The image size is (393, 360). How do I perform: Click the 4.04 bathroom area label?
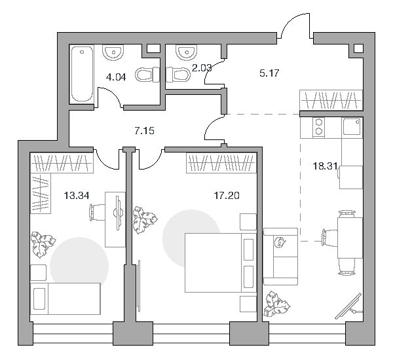pos(116,77)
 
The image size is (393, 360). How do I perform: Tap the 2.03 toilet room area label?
pos(202,68)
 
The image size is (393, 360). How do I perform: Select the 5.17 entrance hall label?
pos(269,73)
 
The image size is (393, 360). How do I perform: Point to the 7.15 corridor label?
pos(144,131)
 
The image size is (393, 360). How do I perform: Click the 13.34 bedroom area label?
pos(77,195)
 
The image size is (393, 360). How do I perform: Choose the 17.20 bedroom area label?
pos(227,196)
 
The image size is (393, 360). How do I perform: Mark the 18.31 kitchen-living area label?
pos(325,166)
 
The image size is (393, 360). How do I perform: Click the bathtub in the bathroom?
pos(82,75)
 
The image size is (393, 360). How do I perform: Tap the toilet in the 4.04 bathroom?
pos(147,75)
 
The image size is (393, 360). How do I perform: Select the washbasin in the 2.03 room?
pos(187,52)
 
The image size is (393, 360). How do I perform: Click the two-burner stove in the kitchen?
pos(319,127)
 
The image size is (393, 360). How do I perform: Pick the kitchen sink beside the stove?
pos(352,127)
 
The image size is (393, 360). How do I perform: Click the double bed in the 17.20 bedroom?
pos(221,262)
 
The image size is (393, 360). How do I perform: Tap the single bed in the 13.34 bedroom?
pos(65,298)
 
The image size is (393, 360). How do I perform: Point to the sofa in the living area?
pos(280,257)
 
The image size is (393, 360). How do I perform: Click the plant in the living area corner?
pos(276,304)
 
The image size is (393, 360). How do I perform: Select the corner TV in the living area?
pos(349,307)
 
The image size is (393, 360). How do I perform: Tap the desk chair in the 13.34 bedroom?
pos(96,212)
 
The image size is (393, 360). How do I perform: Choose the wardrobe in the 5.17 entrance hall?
pos(331,100)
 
